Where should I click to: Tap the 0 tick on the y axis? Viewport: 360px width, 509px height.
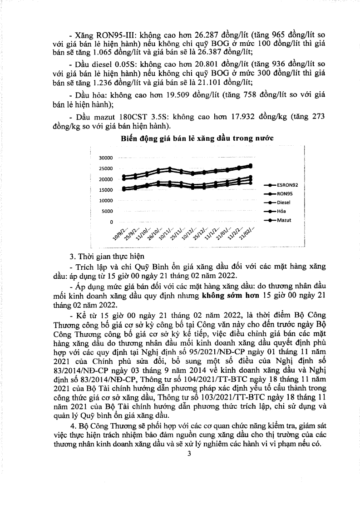(111, 222)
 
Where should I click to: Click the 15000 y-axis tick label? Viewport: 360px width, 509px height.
(105, 190)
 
